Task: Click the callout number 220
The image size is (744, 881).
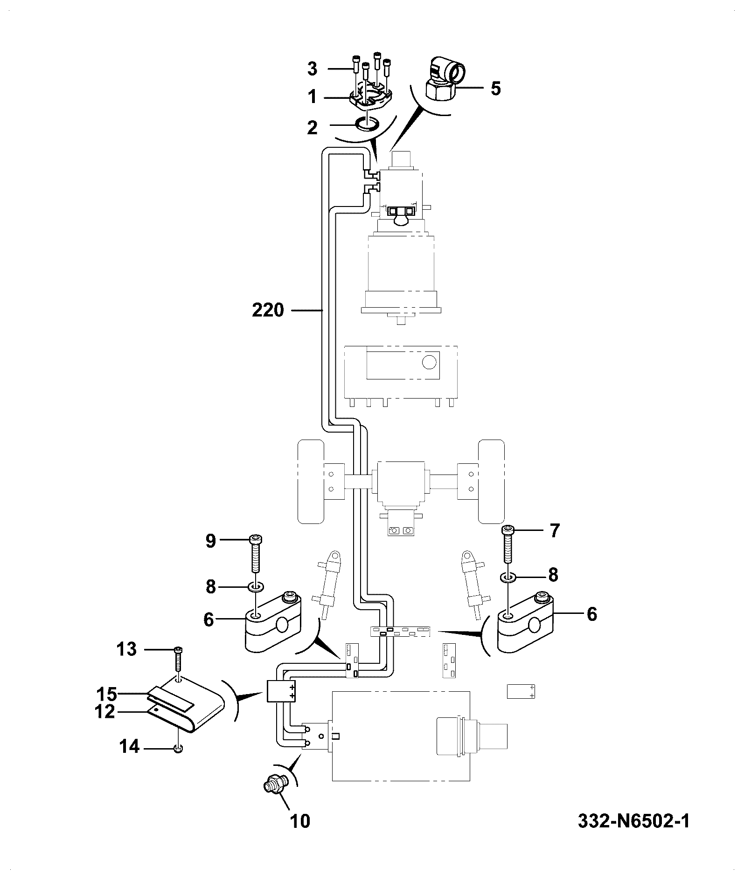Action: (x=268, y=310)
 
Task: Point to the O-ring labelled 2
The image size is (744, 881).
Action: (x=367, y=124)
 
